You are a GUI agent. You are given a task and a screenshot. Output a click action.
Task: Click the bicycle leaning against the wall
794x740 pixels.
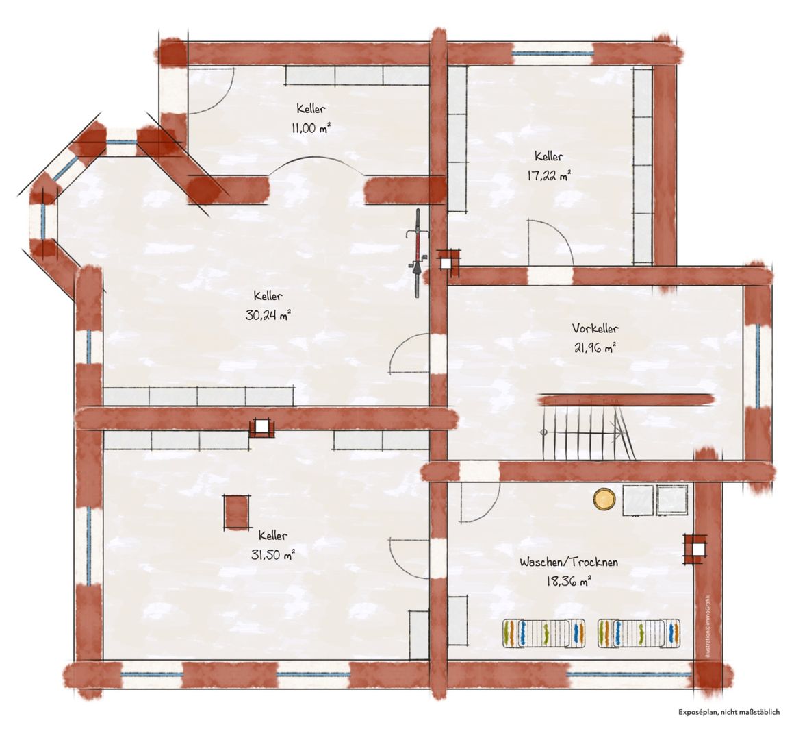(x=418, y=252)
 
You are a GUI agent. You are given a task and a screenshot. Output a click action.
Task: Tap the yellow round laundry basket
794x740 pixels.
(x=604, y=499)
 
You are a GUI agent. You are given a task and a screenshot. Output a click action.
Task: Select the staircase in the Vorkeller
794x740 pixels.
(x=587, y=428)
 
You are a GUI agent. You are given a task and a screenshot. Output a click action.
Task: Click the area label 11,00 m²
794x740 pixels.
(x=311, y=127)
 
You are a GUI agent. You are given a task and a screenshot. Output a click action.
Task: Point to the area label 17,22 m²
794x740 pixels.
(x=549, y=175)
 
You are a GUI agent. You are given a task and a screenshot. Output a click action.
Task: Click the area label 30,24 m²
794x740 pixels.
(x=268, y=314)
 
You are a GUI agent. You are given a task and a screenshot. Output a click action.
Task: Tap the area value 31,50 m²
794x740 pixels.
(x=273, y=554)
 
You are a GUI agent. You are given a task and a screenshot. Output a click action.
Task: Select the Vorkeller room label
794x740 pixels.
(x=595, y=328)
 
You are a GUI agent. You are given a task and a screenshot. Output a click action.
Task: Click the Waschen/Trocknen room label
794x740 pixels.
(x=569, y=562)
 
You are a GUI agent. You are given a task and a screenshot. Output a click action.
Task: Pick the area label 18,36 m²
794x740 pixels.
(x=569, y=581)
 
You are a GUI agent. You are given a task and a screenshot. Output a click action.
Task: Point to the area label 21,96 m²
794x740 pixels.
(x=595, y=347)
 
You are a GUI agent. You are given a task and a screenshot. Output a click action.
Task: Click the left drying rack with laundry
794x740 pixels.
(x=544, y=633)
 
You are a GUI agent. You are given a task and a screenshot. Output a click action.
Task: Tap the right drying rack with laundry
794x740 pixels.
(x=639, y=633)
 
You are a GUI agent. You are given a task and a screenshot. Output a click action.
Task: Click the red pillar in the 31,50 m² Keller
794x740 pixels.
(x=236, y=513)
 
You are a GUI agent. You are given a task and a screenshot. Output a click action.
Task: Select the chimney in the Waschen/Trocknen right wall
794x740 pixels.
(x=695, y=549)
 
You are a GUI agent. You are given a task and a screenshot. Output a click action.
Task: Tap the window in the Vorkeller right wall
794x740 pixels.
(x=758, y=366)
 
